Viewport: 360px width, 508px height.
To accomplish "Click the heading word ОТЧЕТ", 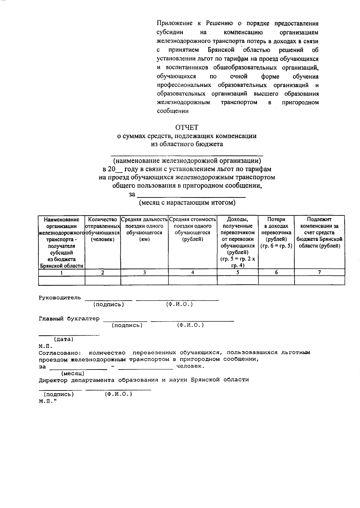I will click(x=187, y=128).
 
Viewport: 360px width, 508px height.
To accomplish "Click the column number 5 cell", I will click(x=238, y=272).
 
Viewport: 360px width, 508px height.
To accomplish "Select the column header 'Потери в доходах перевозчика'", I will click(x=276, y=233).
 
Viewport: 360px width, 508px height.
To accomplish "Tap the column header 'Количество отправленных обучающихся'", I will click(x=103, y=229).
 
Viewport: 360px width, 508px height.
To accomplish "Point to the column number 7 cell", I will click(x=319, y=272).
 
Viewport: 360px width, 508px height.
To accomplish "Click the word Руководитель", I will click(x=60, y=298).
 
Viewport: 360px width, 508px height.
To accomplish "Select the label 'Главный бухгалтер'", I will click(x=69, y=319).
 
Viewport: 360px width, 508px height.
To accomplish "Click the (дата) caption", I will click(x=64, y=339).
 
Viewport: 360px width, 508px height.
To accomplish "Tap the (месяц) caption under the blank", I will click(x=73, y=373).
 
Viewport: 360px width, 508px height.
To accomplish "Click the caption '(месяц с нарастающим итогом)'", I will click(x=187, y=203).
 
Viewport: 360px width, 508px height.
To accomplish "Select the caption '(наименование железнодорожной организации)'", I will click(x=187, y=161).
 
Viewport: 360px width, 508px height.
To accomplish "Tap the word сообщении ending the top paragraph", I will click(x=172, y=111).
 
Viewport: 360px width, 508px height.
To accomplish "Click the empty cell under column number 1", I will click(x=61, y=280).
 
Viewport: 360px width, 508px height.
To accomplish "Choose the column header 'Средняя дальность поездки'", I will click(x=144, y=229).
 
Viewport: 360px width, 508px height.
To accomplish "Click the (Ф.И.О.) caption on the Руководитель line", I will click(x=179, y=305).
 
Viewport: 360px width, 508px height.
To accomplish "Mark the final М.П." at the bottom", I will click(x=48, y=401).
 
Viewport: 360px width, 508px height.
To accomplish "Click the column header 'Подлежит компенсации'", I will click(x=319, y=233).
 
